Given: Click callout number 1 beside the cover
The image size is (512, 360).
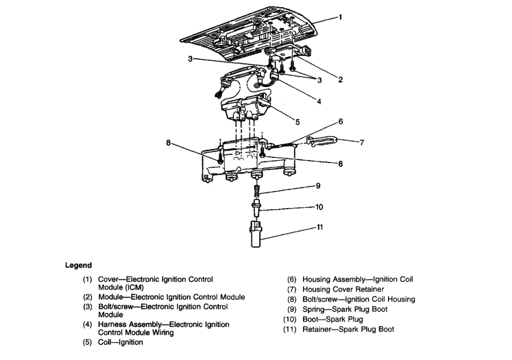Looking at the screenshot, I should click(340, 17).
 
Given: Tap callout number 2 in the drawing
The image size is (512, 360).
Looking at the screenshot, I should click(340, 80).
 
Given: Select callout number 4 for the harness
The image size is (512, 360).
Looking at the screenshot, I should click(319, 102).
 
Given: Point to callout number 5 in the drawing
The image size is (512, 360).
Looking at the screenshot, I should click(297, 121).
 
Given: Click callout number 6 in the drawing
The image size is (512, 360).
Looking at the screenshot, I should click(340, 121).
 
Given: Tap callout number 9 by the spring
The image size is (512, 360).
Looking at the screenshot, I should click(318, 186).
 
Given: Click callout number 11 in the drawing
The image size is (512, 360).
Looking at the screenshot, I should click(319, 227).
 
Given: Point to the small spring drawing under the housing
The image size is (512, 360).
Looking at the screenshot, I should click(256, 192).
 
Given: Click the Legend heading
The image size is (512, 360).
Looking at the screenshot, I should click(78, 265).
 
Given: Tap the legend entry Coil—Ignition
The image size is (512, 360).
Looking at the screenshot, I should click(120, 342).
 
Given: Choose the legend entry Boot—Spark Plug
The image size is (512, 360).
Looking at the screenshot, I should click(333, 319).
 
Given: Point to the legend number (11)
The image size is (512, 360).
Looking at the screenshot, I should click(290, 330).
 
